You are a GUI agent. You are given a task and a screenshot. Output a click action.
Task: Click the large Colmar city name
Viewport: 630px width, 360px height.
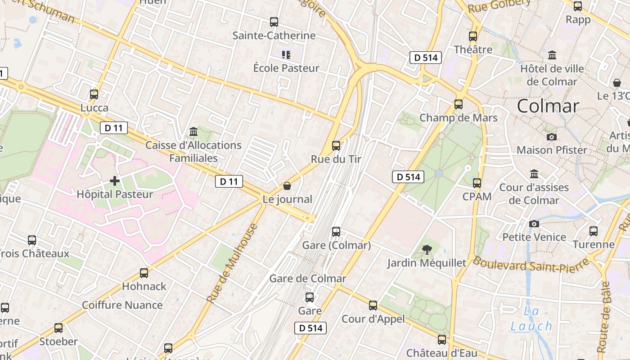coord(548,106)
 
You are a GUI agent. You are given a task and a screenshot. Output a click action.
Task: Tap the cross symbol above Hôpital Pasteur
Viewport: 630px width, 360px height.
coord(115,181)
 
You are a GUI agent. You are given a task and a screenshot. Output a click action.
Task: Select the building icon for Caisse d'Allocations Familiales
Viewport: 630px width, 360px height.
coord(193,131)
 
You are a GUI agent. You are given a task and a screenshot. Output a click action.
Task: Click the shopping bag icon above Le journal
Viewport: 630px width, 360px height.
coord(287,186)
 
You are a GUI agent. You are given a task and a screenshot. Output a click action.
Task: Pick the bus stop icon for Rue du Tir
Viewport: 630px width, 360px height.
coord(336,145)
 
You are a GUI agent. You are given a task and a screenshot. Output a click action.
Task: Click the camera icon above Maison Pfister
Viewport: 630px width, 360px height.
coord(552,137)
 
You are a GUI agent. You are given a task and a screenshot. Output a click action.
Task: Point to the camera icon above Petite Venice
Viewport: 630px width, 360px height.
coord(534,224)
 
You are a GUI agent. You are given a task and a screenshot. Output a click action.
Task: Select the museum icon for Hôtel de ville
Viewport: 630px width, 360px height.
coord(552,55)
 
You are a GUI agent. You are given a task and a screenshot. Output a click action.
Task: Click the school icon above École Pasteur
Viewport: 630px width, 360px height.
coord(286,55)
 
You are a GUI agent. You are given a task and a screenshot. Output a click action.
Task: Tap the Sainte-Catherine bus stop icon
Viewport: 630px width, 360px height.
coord(274,22)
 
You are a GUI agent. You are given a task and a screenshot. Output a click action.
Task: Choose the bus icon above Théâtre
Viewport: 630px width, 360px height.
coord(473,36)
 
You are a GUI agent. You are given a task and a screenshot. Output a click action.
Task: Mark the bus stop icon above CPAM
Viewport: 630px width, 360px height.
coord(477,183)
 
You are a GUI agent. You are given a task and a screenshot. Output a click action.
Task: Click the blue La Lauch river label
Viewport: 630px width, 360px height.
coord(531,319)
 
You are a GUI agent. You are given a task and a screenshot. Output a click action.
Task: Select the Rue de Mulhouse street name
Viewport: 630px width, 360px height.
coord(233,262)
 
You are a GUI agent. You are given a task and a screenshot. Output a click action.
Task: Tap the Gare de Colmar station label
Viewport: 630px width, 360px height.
coord(308,279)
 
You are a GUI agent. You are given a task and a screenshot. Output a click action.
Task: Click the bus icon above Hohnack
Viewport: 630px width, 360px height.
coord(144,273)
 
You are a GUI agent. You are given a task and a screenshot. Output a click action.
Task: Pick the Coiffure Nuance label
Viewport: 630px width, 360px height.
coord(122,305)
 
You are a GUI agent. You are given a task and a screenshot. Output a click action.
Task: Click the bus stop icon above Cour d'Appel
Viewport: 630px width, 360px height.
coord(373,306)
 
